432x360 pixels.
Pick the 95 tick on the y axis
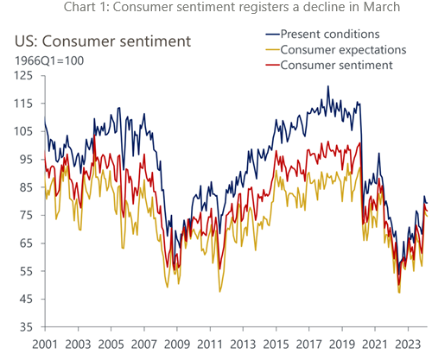tap(24, 160)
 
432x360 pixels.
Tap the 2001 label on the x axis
tap(45, 344)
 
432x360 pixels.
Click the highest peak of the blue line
tap(327, 86)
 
